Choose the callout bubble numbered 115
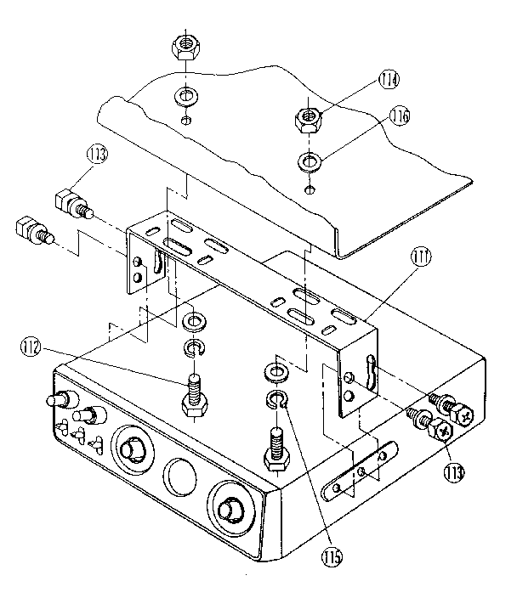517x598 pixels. coord(332,558)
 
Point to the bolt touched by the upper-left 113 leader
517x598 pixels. coord(71,203)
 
